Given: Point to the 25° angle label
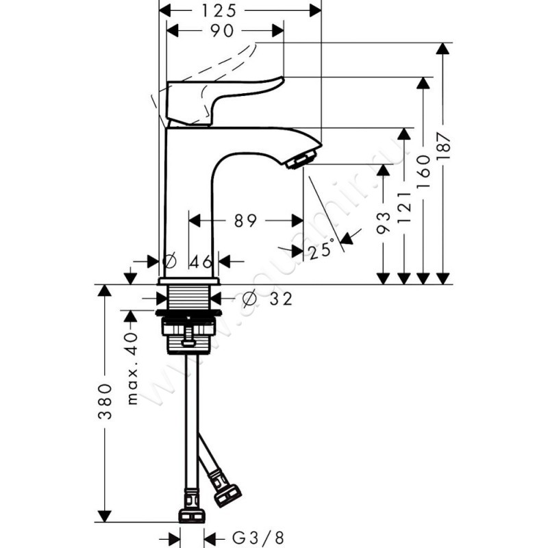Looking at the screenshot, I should (321, 251).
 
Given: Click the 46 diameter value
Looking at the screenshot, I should (200, 261).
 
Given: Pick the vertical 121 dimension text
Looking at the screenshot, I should (405, 203).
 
